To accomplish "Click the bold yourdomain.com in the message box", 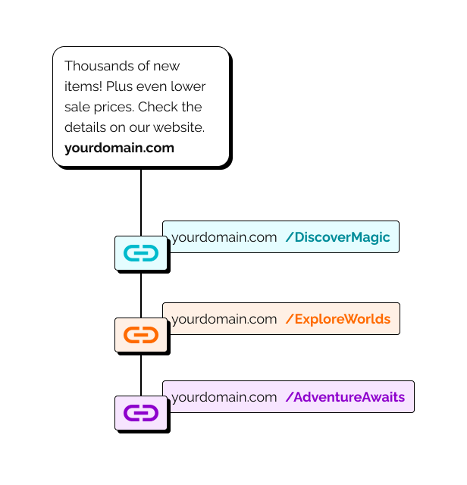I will point(119,148).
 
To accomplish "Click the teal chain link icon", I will point(140,253).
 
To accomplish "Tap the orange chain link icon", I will point(140,334).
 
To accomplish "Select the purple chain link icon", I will point(140,413).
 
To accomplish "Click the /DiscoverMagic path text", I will point(337,237).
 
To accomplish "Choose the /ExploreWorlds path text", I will point(337,319).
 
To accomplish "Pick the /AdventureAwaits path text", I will point(345,397).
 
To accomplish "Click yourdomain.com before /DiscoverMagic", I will point(224,237).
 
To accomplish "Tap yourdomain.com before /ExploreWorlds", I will point(224,319).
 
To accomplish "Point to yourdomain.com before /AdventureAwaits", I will point(224,397).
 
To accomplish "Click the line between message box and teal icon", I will point(141,201).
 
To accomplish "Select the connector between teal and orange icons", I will point(141,294).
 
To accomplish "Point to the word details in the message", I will point(86,127).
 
